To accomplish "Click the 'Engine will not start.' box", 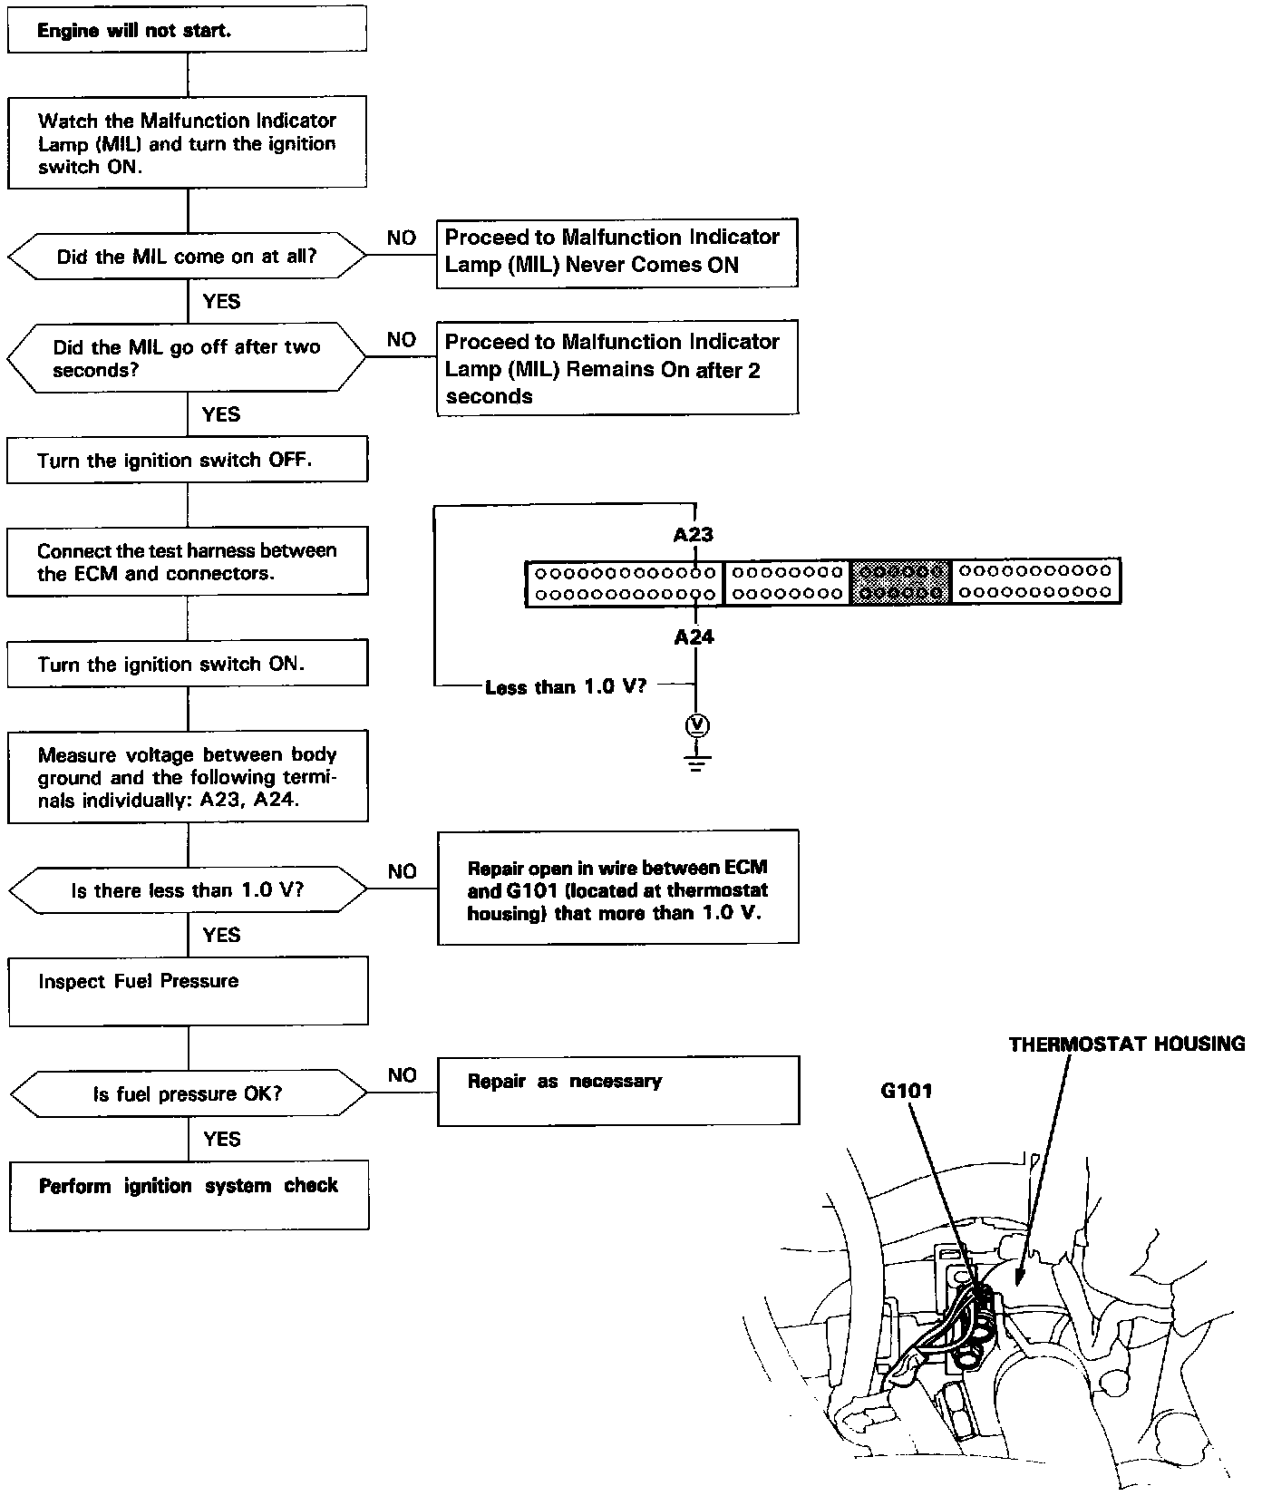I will [x=187, y=30].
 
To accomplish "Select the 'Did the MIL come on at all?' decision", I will [x=187, y=257].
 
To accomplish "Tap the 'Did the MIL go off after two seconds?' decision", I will [x=187, y=358].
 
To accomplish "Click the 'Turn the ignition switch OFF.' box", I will [x=187, y=460].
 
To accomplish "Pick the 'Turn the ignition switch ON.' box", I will [x=187, y=664].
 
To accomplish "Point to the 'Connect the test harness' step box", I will [x=187, y=561].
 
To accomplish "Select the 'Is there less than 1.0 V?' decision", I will [x=187, y=890].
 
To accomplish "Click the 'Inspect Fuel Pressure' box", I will [x=188, y=991].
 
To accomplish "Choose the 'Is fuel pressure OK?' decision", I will [x=188, y=1094].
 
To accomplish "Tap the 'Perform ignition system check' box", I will [x=189, y=1195].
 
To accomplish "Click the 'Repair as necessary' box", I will [x=617, y=1091].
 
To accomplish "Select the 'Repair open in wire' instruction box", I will [x=617, y=889].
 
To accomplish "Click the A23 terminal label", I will [x=694, y=535].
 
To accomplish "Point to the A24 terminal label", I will [x=694, y=637].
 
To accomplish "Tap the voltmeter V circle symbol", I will [x=696, y=725].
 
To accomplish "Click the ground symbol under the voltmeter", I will [x=696, y=762].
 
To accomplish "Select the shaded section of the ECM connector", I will [x=900, y=582].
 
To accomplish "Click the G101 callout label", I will [x=906, y=1090].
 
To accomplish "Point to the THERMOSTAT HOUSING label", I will [x=1126, y=1044].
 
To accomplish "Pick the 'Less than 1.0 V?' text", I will [x=566, y=687].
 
